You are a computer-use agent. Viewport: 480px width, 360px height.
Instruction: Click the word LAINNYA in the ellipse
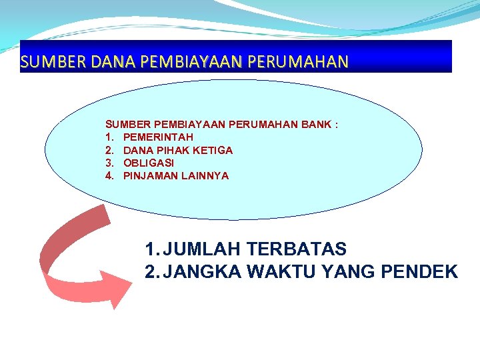[205, 176]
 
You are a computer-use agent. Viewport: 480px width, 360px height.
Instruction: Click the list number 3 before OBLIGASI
[109, 163]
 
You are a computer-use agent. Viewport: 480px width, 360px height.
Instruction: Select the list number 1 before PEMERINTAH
[109, 137]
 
